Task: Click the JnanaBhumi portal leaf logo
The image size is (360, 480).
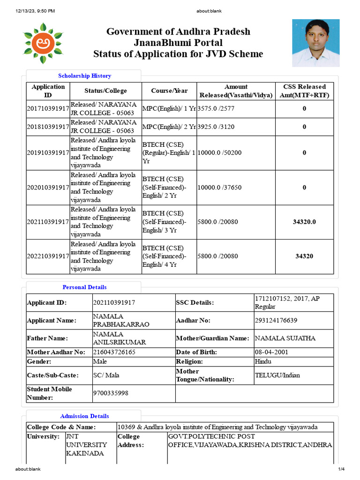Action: [44, 43]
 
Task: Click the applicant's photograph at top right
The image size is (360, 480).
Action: [315, 43]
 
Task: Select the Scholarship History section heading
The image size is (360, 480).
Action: [84, 75]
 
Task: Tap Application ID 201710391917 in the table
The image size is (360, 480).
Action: [48, 109]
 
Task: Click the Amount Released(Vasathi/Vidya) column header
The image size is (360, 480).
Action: [236, 91]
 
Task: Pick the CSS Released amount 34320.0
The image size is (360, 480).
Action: [304, 222]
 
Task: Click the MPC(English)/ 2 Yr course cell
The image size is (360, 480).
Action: [169, 127]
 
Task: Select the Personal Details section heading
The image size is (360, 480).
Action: [84, 287]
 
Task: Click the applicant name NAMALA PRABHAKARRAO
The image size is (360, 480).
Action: [121, 321]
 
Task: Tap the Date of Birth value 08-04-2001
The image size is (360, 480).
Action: [271, 352]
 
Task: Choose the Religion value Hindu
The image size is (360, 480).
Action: [262, 361]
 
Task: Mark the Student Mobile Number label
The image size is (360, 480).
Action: [49, 393]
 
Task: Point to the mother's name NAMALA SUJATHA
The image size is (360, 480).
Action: [285, 338]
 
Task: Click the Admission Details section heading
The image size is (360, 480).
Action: [84, 416]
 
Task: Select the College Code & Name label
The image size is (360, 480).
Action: [61, 427]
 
